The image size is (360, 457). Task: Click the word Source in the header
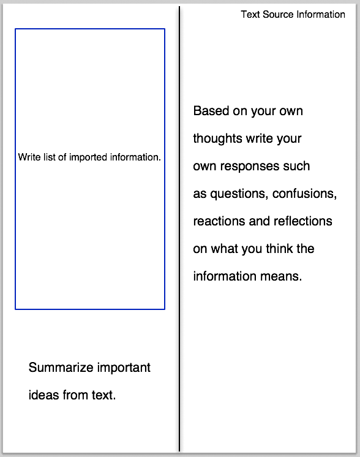coord(278,14)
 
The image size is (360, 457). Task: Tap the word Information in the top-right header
coord(321,14)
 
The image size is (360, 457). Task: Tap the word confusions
coord(304,194)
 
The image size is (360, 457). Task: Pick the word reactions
coord(219,221)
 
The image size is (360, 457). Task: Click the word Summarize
coord(61,367)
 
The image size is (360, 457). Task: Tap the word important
coord(124,368)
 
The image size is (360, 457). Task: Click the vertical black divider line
coord(179,228)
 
